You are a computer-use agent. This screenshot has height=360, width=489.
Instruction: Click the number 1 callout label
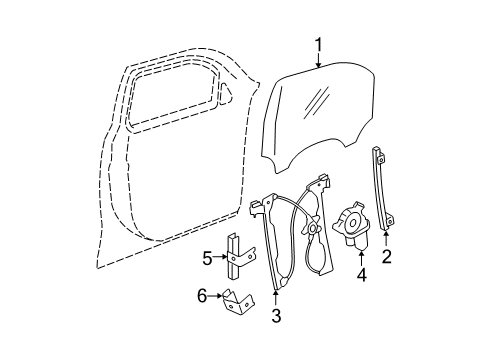(318, 45)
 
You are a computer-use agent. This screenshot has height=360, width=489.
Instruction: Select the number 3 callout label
(277, 317)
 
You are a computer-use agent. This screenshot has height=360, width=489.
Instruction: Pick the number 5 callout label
(207, 257)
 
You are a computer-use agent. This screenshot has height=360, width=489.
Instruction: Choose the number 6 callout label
(202, 295)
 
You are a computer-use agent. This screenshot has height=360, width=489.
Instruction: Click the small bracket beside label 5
(234, 257)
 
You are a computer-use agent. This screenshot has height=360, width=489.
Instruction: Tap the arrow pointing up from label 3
(277, 297)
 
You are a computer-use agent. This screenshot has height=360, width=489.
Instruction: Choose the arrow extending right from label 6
(218, 295)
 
